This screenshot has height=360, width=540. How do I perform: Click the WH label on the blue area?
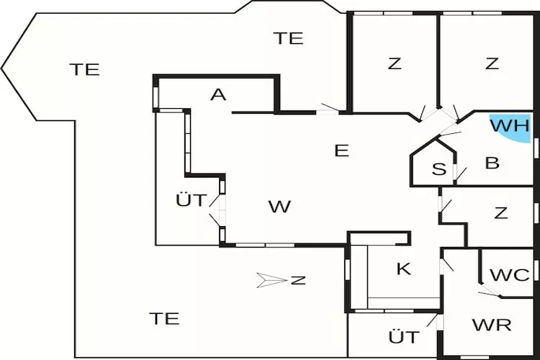[510, 125]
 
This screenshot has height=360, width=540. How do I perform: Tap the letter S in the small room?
[438, 169]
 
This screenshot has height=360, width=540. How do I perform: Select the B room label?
[492, 163]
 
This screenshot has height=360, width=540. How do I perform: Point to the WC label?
[510, 275]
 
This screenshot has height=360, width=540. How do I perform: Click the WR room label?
[492, 325]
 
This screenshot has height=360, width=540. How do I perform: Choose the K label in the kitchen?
[404, 269]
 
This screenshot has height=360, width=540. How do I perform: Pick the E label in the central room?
[342, 150]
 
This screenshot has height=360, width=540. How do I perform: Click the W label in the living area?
[279, 207]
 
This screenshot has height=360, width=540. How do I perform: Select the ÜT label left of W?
[192, 199]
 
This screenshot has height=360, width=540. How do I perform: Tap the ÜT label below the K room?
[404, 336]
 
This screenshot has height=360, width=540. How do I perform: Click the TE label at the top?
[289, 39]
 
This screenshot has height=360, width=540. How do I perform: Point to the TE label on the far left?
[84, 70]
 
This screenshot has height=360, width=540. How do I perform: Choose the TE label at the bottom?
[164, 318]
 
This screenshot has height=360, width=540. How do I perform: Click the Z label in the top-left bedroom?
[394, 63]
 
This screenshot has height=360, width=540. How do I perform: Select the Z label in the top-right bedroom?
[492, 63]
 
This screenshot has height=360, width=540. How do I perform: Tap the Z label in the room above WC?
[501, 213]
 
